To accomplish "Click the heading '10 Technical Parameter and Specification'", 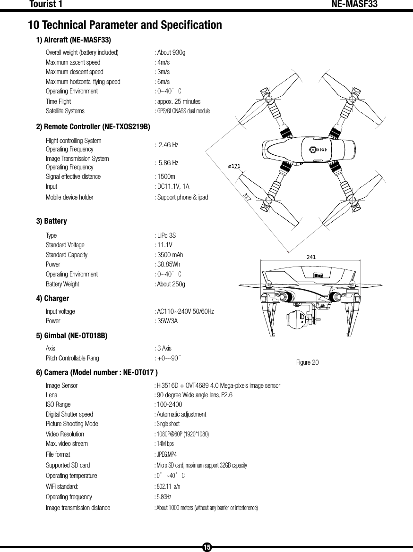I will (x=125, y=25).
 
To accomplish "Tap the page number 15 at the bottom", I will (x=206, y=547).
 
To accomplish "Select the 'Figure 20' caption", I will (x=307, y=362).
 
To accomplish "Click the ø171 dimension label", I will (x=234, y=166).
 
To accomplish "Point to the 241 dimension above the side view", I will (x=311, y=257).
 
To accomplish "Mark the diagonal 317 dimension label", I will (x=247, y=196).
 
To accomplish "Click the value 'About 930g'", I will (x=171, y=52).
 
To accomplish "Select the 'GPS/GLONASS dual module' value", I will (x=183, y=111).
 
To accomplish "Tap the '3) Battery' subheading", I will (x=52, y=221).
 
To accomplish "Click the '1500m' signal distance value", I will (x=166, y=177).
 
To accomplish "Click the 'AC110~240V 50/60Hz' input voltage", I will (x=185, y=312).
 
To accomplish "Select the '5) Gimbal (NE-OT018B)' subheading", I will (x=72, y=336).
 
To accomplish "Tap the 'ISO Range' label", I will (x=58, y=404).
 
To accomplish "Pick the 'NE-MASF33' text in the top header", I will (x=354, y=5).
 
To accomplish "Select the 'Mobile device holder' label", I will (x=69, y=197).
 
